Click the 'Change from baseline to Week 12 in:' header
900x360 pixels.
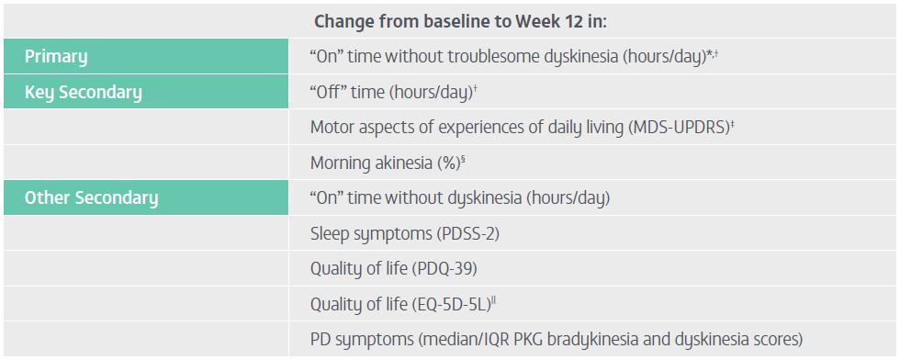tap(460, 22)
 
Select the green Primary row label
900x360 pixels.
tap(56, 57)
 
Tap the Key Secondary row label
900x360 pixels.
tap(84, 93)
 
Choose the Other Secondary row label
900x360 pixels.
tap(91, 198)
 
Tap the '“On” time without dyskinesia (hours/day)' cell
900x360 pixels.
tap(460, 198)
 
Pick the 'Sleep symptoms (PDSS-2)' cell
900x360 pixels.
tap(405, 234)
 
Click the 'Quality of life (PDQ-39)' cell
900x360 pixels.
tap(394, 269)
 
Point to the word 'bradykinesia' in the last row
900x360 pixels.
tap(575, 339)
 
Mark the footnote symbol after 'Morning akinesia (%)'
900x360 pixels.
tap(463, 159)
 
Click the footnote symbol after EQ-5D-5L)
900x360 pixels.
tap(494, 299)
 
